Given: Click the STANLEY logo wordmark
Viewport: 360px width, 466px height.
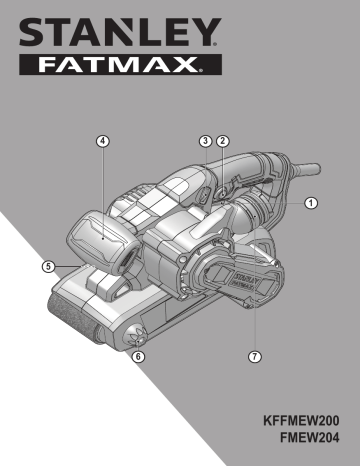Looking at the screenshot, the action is [120, 32].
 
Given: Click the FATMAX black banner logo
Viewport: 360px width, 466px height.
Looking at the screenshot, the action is [120, 64].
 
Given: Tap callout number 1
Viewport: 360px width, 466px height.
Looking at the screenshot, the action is [311, 203].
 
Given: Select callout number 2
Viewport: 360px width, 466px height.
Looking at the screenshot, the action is [223, 141].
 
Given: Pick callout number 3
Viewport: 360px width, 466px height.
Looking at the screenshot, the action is [205, 141].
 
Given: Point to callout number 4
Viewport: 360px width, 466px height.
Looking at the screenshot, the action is [103, 141].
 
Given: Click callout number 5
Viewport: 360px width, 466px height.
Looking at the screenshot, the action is [48, 267].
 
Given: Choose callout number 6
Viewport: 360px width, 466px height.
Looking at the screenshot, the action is [138, 357].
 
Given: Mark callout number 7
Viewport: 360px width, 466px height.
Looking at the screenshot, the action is [255, 357].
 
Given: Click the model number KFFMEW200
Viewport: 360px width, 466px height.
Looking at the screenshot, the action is [301, 421].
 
